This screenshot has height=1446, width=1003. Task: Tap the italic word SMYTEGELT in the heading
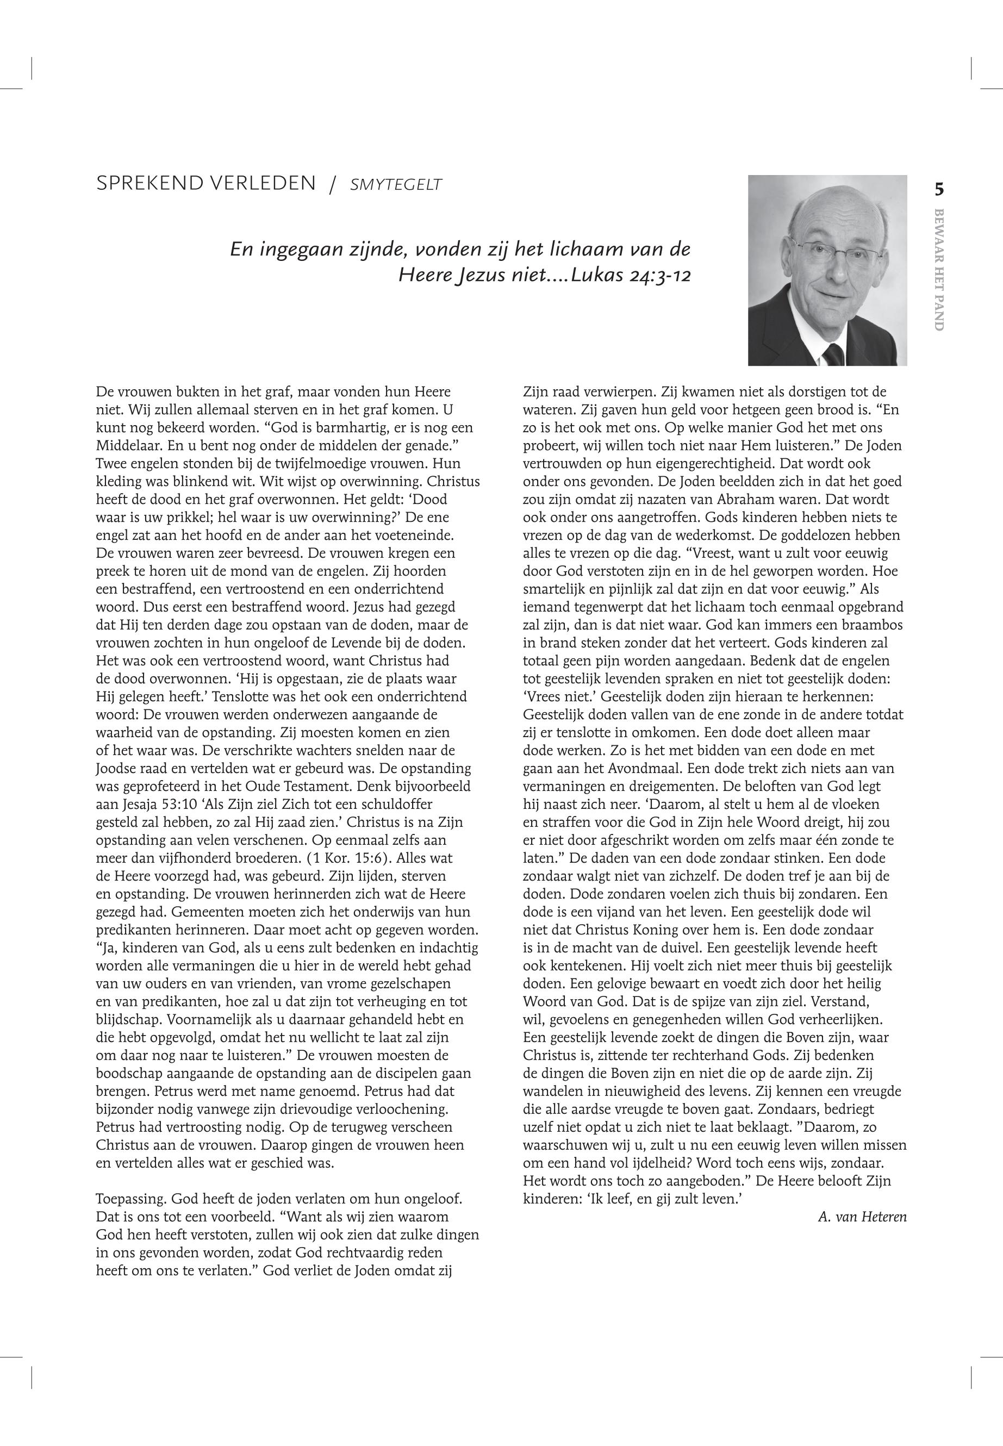click(x=396, y=185)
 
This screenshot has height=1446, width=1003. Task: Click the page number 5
click(x=939, y=189)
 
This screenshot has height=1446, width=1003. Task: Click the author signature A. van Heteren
click(x=862, y=1217)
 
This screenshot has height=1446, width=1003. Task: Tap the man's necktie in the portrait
click(x=833, y=354)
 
